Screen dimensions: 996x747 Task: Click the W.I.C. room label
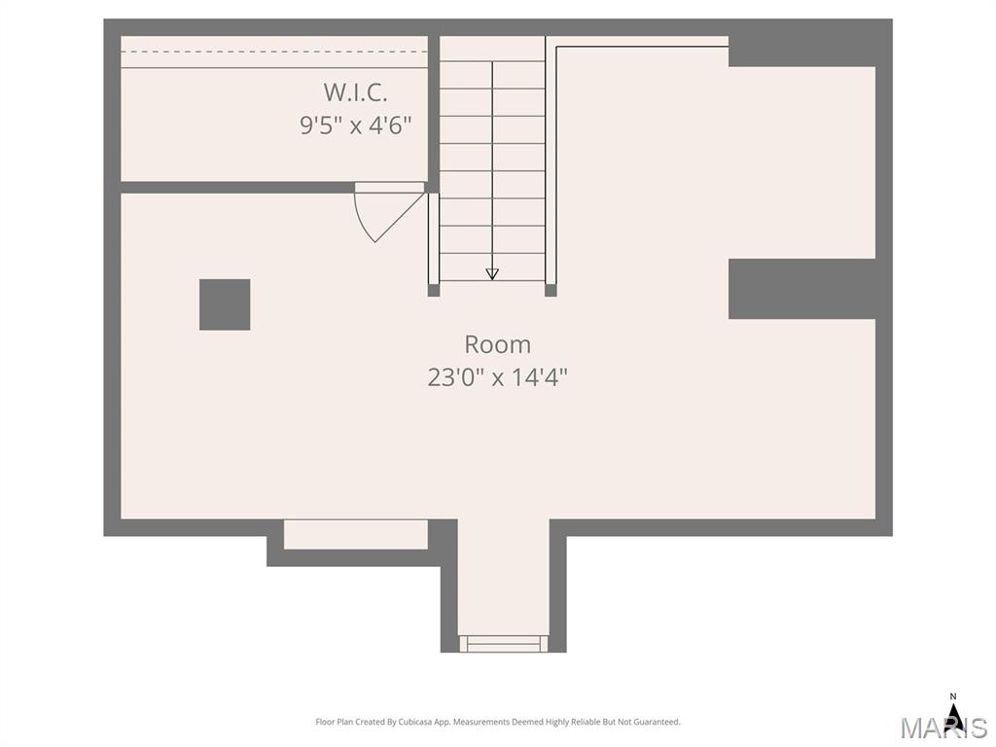pos(355,92)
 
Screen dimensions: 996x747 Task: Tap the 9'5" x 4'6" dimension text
pos(356,125)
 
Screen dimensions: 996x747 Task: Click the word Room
pos(497,344)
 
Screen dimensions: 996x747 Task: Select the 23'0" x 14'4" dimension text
pos(497,377)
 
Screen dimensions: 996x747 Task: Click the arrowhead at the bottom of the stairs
pos(492,273)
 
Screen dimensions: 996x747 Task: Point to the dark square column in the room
pos(225,304)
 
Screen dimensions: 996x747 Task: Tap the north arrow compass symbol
pos(952,717)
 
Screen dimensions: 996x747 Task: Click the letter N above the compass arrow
pos(952,696)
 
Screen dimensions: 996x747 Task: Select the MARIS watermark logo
pos(943,728)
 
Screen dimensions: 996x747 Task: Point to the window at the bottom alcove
pos(504,643)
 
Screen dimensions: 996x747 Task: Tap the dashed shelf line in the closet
pos(274,52)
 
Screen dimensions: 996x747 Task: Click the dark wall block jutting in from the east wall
pos(802,288)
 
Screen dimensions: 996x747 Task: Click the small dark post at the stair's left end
pos(434,290)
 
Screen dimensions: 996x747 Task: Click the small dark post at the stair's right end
pos(551,290)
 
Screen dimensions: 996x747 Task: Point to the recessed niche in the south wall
pos(356,534)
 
